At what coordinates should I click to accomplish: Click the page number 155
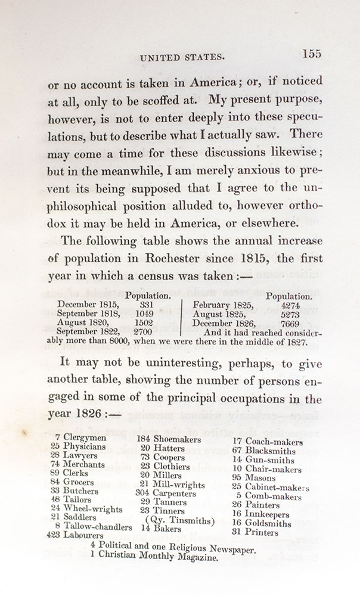click(311, 53)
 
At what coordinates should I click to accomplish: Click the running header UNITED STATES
click(181, 57)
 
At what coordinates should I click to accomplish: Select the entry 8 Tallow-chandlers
click(91, 526)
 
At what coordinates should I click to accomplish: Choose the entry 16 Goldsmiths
click(261, 523)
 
